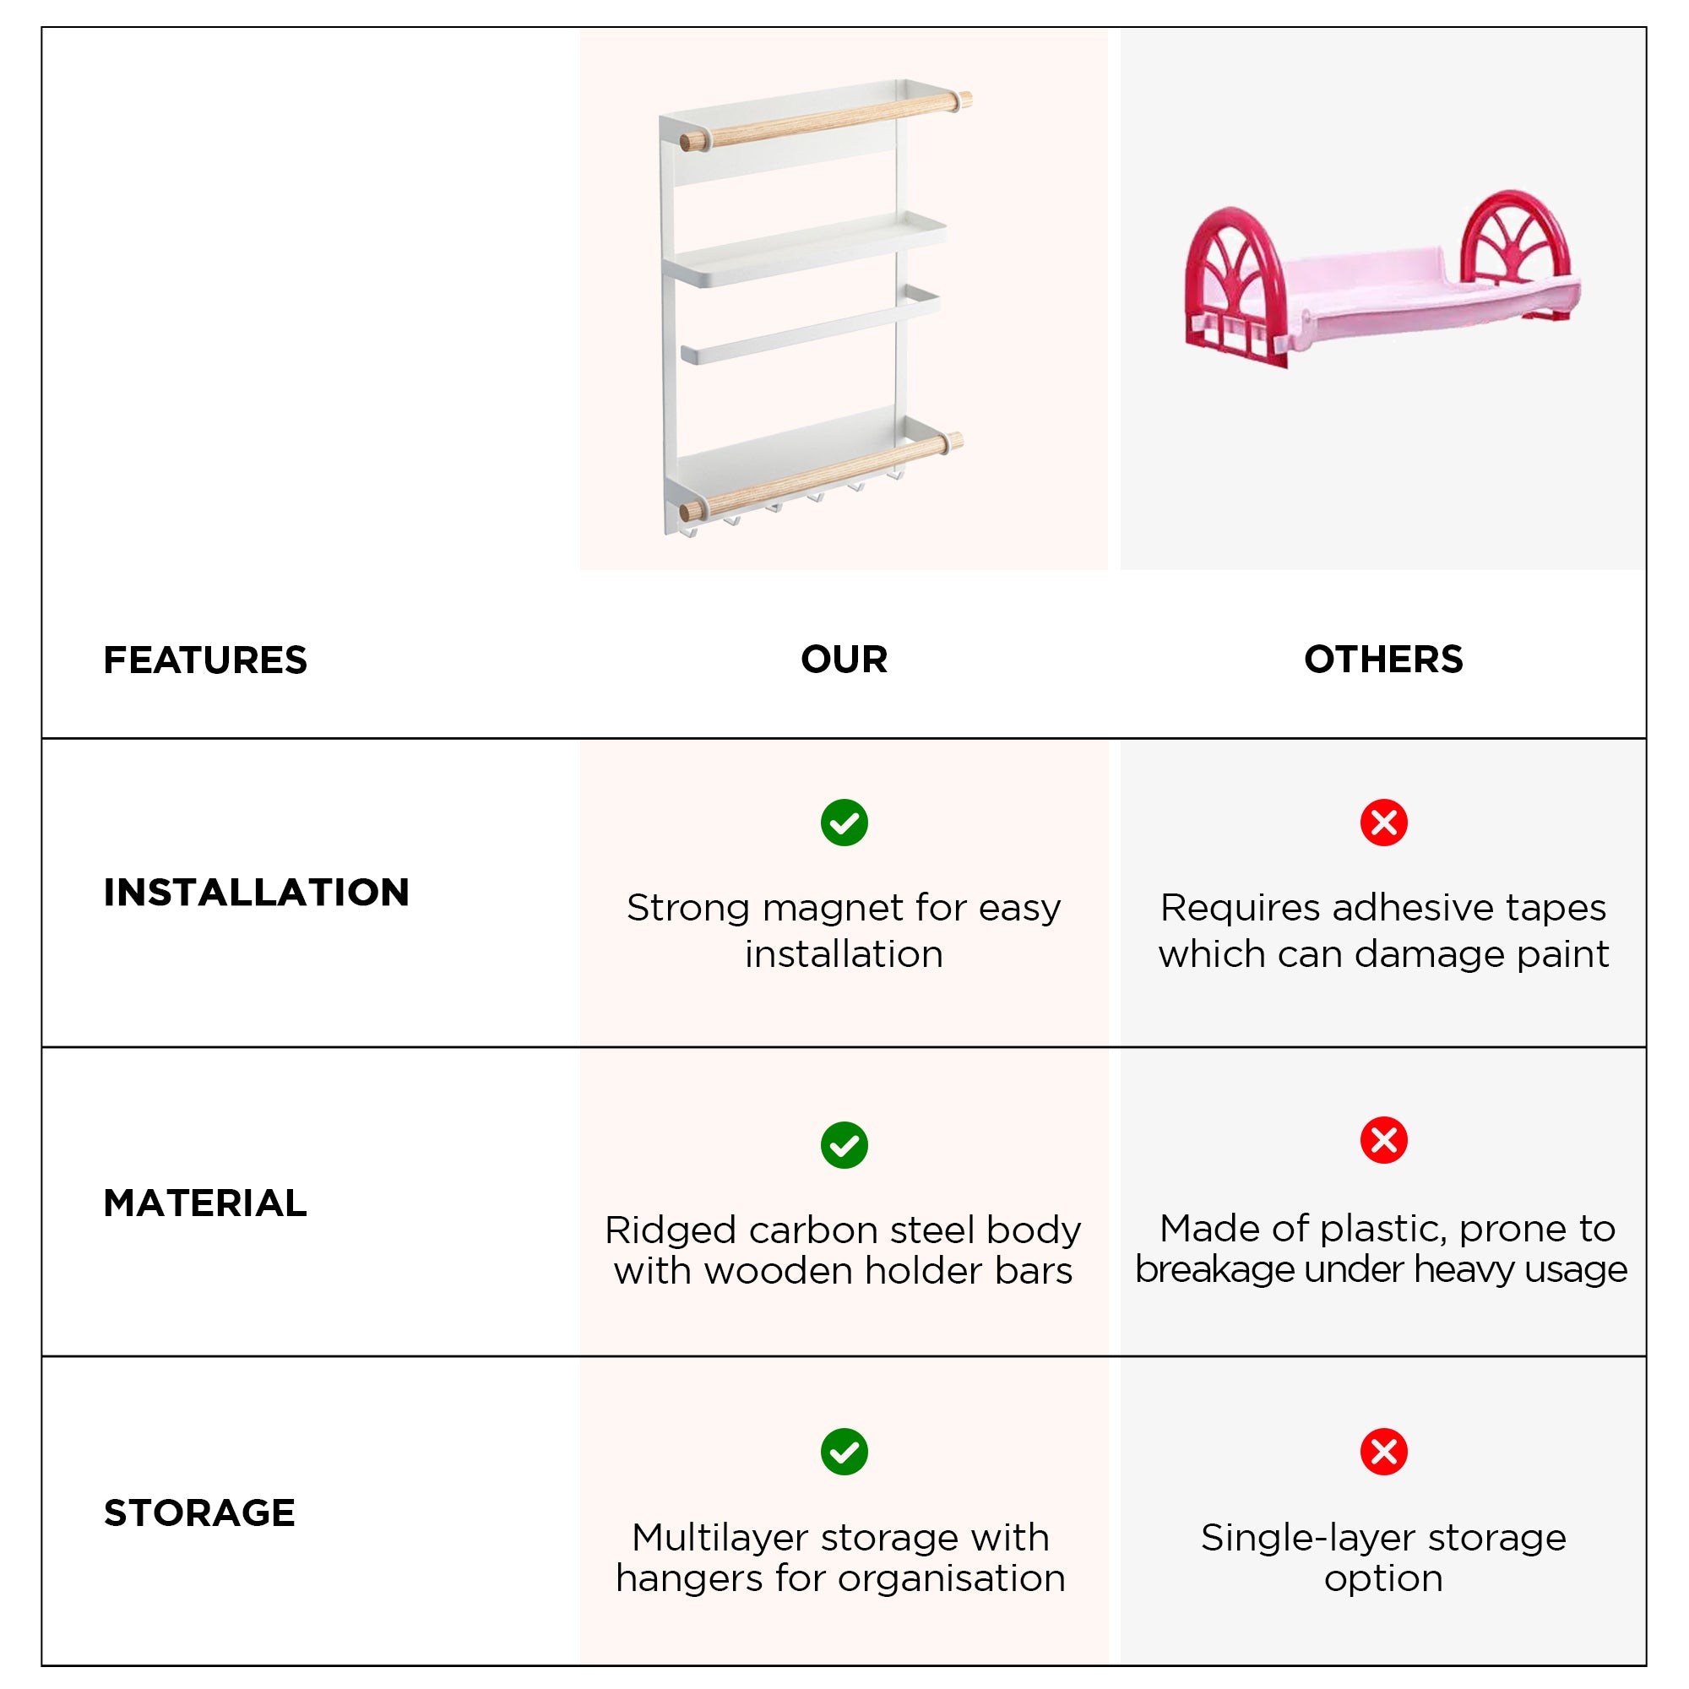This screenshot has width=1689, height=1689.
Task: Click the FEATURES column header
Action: (x=205, y=660)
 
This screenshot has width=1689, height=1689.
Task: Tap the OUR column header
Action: (x=844, y=660)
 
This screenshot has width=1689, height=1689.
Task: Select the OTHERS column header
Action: (x=1383, y=660)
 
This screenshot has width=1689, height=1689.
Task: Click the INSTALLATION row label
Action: (x=256, y=893)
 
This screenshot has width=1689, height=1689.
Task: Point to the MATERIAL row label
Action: (x=205, y=1203)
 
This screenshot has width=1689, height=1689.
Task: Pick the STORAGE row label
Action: (x=199, y=1512)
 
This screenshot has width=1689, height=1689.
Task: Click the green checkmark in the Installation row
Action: (x=844, y=823)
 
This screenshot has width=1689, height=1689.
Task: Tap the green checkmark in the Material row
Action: (x=844, y=1145)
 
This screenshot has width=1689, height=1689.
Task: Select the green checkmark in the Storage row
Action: (x=844, y=1452)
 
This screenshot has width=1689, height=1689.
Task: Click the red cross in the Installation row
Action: (x=1383, y=823)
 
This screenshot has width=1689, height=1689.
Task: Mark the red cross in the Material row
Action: (x=1383, y=1140)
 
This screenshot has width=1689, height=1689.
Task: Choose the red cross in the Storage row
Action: (x=1383, y=1452)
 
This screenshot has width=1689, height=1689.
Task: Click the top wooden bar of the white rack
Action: (x=826, y=120)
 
